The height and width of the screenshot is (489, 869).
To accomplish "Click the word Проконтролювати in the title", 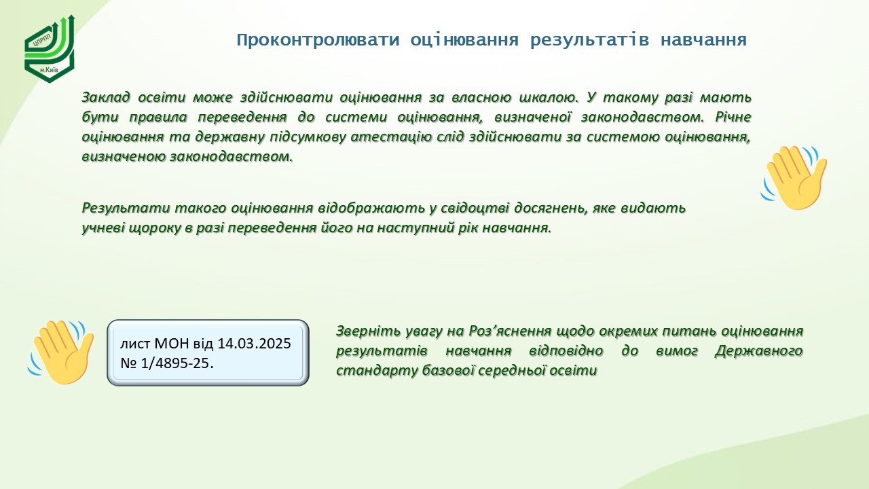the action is pyautogui.click(x=318, y=40).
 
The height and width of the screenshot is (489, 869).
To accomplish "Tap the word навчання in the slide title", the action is pyautogui.click(x=703, y=40).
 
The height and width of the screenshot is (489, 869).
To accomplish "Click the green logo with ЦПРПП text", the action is pyautogui.click(x=50, y=49).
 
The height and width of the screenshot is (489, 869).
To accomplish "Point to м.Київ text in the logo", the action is pyautogui.click(x=50, y=70).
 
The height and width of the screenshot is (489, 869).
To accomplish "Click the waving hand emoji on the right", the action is pyautogui.click(x=794, y=177).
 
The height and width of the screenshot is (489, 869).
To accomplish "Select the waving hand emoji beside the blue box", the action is pyautogui.click(x=60, y=352).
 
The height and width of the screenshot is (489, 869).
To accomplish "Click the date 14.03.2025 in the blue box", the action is pyautogui.click(x=254, y=344).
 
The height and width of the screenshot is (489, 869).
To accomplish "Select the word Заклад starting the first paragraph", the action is pyautogui.click(x=105, y=97).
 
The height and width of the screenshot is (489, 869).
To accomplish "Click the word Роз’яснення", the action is pyautogui.click(x=510, y=331).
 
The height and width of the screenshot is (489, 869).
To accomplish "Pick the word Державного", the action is pyautogui.click(x=759, y=351).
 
